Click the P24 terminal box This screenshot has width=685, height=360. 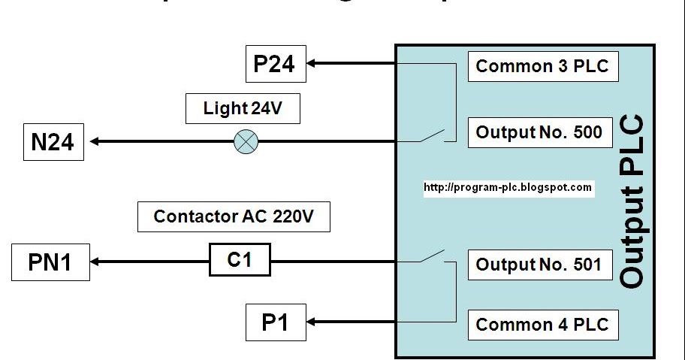click(x=276, y=64)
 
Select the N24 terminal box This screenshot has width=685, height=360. click(x=53, y=141)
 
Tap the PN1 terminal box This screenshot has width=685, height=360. click(x=50, y=262)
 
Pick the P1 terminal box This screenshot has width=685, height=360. click(x=276, y=322)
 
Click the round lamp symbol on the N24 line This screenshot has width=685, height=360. click(x=246, y=141)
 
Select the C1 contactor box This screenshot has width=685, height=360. click(x=239, y=262)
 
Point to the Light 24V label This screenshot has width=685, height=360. click(x=243, y=109)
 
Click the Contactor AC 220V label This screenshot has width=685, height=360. click(x=234, y=217)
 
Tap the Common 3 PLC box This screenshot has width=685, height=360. click(x=543, y=66)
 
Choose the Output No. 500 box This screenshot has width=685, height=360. click(x=539, y=132)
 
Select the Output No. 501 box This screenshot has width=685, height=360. click(x=539, y=265)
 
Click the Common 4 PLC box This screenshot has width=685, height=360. click(x=543, y=325)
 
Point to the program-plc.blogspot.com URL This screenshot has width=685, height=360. click(x=508, y=188)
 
